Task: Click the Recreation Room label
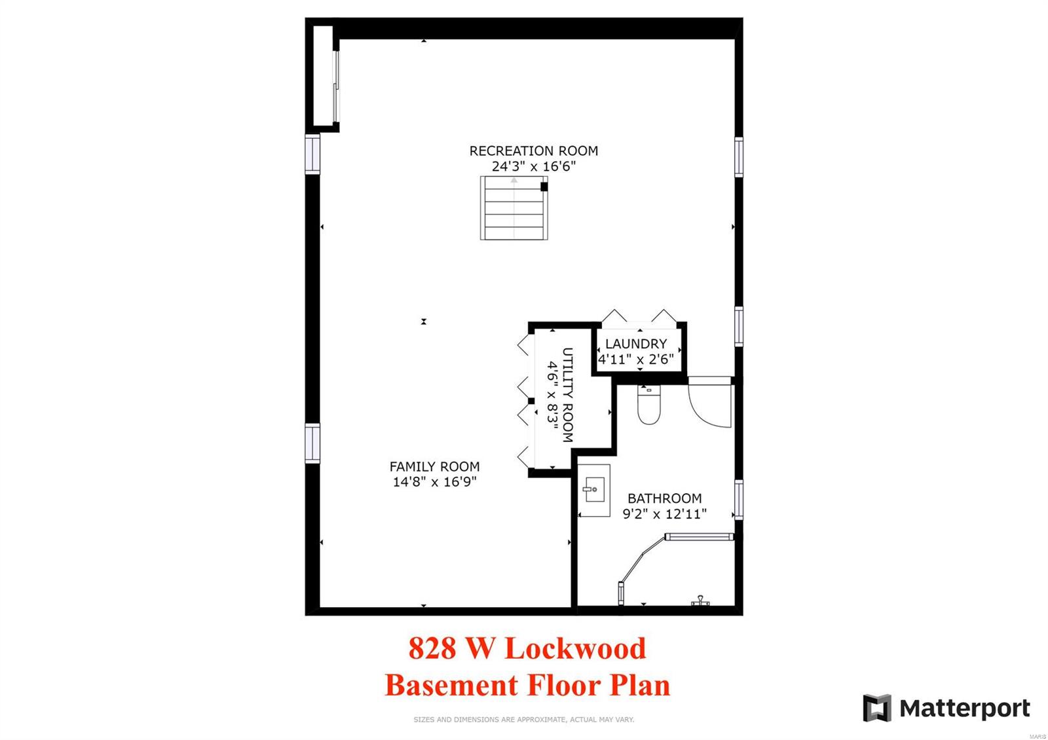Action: pos(533,151)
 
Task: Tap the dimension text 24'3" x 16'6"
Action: pos(533,166)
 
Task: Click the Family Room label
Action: pos(434,466)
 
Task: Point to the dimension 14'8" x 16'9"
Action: pos(434,482)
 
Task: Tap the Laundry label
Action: pos(635,344)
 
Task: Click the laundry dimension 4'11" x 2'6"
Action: pos(635,359)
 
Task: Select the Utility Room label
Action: pos(568,395)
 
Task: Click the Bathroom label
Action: pos(664,498)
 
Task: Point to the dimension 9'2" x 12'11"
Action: pos(664,514)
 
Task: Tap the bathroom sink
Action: pos(594,490)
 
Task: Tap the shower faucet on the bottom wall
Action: pos(700,601)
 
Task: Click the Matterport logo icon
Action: pos(876,708)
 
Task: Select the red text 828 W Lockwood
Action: pos(527,648)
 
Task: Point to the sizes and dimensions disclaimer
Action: pos(523,720)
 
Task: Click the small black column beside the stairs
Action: pos(544,187)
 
